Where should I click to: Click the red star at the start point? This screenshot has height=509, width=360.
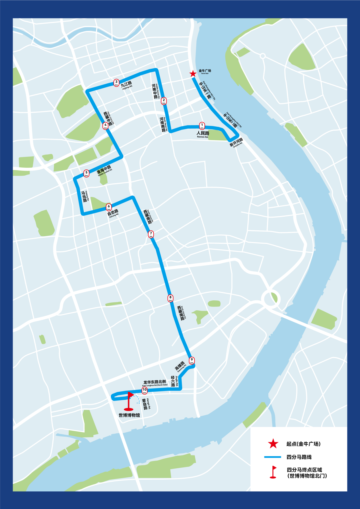(x=193, y=74)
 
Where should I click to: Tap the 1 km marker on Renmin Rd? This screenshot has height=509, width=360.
(x=202, y=126)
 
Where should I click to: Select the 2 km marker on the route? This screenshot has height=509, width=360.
(x=164, y=101)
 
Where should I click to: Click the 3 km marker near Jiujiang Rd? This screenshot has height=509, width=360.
(x=116, y=82)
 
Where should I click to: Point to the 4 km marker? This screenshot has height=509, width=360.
(x=105, y=126)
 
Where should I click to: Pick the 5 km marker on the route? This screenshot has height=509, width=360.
(x=86, y=173)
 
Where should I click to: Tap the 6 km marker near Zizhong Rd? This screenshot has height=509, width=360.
(x=109, y=207)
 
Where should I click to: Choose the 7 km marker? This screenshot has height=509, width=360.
(x=151, y=234)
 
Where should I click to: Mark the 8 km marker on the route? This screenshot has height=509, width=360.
(x=170, y=298)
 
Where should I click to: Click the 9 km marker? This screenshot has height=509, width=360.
(x=192, y=361)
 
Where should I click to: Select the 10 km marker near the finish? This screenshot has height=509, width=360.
(x=145, y=390)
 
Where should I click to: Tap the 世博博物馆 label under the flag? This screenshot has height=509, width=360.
(x=129, y=415)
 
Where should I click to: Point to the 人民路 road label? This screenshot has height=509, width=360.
(x=203, y=133)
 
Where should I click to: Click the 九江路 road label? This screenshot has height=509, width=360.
(x=126, y=84)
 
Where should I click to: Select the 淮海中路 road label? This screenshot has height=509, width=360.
(x=104, y=170)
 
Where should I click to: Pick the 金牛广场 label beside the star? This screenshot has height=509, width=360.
(x=205, y=71)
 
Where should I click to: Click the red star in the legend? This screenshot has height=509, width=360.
(x=273, y=444)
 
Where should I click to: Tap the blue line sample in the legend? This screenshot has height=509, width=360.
(x=273, y=457)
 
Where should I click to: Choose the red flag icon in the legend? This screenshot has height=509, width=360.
(x=273, y=472)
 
